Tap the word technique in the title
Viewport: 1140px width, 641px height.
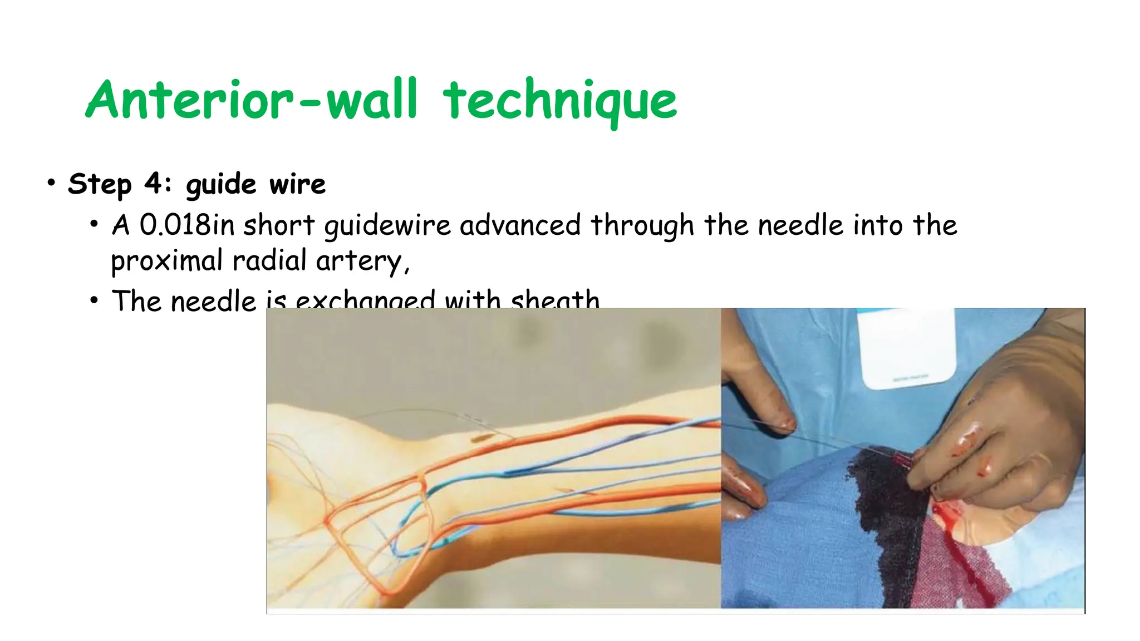tap(559, 101)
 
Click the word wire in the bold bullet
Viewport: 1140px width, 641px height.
tap(297, 184)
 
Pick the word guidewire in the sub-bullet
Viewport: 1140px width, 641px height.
tap(387, 225)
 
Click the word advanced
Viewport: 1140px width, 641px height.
tap(520, 225)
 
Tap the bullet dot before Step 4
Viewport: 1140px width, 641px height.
tap(51, 183)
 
